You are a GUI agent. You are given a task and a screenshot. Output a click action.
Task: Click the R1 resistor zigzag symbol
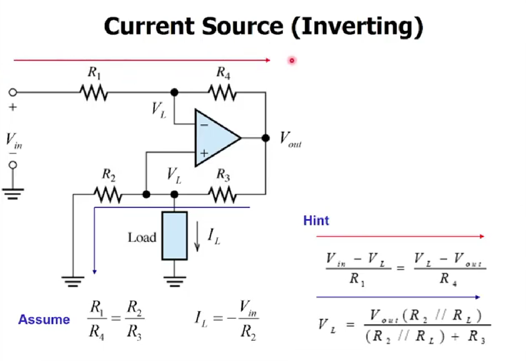click(x=94, y=92)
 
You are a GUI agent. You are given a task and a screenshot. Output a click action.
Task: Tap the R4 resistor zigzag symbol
click(x=222, y=92)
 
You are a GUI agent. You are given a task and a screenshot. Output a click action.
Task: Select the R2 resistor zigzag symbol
click(x=107, y=194)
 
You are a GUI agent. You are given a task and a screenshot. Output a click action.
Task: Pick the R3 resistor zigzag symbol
click(x=222, y=194)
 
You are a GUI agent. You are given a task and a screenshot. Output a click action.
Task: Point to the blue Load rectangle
click(x=174, y=236)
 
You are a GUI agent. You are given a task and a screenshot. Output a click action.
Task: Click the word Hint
click(x=316, y=220)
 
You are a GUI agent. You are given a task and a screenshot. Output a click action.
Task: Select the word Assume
click(x=44, y=319)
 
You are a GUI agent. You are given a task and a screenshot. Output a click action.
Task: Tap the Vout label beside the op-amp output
click(x=290, y=140)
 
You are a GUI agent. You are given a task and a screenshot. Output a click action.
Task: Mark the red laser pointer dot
click(x=292, y=60)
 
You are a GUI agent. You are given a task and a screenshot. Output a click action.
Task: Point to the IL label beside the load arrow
click(x=214, y=236)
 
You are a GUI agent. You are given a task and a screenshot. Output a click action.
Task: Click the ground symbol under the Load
click(x=174, y=282)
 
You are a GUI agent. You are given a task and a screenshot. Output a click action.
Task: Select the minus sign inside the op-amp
click(x=204, y=125)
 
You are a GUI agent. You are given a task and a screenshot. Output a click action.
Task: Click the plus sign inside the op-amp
click(x=204, y=153)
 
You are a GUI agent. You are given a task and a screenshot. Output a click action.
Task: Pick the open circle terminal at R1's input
click(x=13, y=92)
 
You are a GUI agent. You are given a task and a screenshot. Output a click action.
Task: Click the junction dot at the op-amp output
click(x=265, y=138)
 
